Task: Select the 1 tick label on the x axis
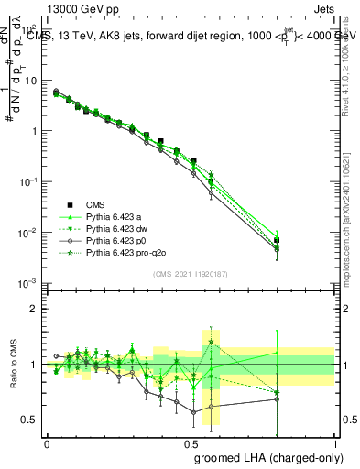(335, 442)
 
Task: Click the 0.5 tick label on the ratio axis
(29, 420)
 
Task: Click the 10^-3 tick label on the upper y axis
(27, 283)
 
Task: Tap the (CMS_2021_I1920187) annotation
(191, 274)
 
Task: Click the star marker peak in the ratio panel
(212, 342)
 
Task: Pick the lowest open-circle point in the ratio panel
(193, 412)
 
